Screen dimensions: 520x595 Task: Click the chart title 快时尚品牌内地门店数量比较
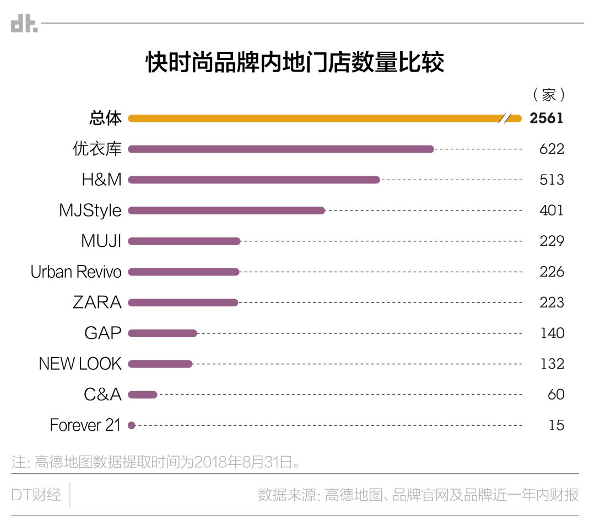[295, 63]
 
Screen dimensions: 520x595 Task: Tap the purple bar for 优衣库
[281, 149]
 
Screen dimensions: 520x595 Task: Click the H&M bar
[253, 180]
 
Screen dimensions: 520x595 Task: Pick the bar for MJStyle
[226, 210]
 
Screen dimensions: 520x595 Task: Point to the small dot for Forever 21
[131, 425]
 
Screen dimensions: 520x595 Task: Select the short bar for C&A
[143, 394]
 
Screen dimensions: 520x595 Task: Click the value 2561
[547, 118]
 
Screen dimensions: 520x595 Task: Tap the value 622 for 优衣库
[552, 149]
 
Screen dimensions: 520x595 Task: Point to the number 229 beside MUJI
[552, 241]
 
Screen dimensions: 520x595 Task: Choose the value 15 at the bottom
[556, 425]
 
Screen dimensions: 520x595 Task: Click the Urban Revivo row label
[76, 272]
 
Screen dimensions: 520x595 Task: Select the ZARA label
[97, 302]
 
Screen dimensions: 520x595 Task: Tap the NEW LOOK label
[80, 364]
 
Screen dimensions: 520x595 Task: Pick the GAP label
[102, 333]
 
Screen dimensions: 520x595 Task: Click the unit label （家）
[549, 95]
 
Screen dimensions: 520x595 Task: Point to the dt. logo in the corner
[24, 24]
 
